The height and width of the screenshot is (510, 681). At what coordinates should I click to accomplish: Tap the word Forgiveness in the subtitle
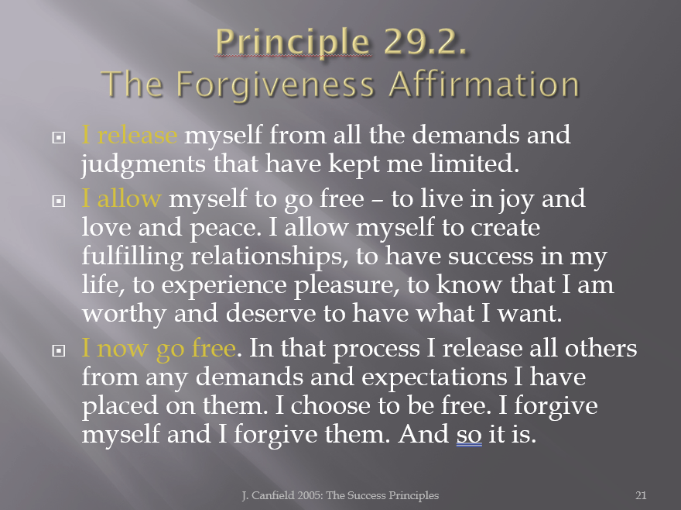[275, 85]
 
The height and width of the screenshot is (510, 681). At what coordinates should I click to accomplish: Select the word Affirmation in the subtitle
[484, 84]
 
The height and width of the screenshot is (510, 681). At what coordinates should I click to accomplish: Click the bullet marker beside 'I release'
[59, 138]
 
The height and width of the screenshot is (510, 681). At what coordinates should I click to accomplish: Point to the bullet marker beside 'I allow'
[59, 201]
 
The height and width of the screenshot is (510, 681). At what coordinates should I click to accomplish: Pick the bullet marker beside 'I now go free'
[59, 350]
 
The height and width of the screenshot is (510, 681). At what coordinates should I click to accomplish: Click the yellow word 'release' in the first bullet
[137, 135]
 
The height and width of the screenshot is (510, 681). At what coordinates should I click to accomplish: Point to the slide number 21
[641, 495]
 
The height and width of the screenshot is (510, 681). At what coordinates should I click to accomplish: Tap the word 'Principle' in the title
[293, 43]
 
